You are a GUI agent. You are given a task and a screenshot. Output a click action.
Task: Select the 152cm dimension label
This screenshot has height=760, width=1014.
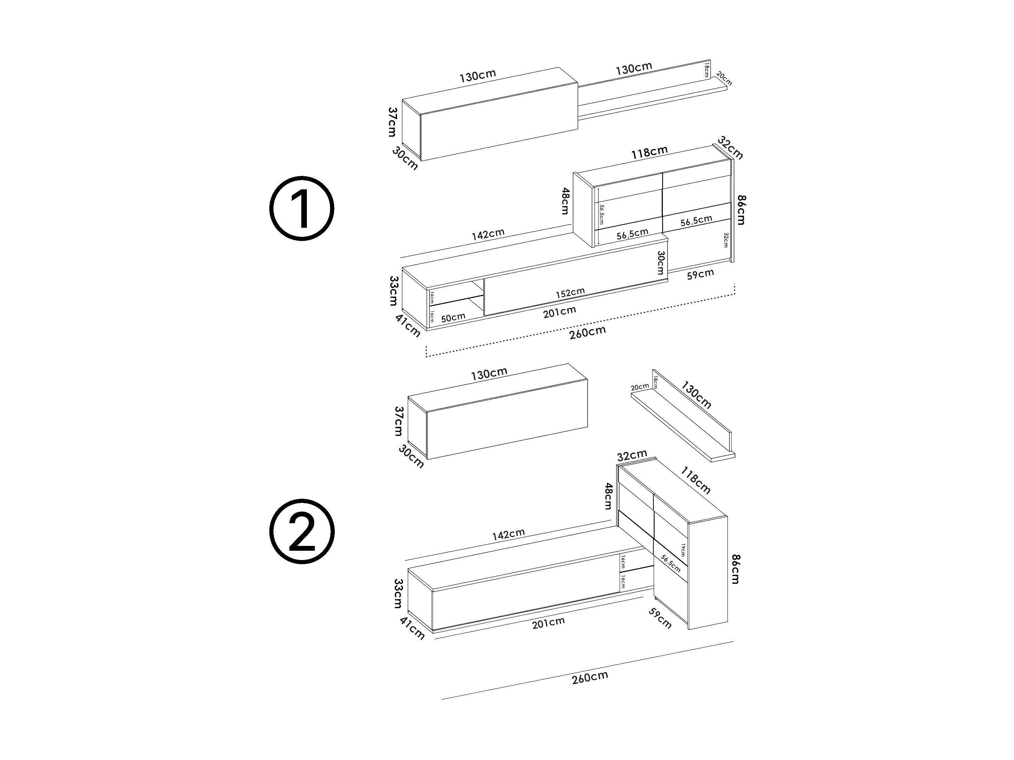(570, 292)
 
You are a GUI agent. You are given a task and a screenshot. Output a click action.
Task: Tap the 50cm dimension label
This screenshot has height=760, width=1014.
(453, 317)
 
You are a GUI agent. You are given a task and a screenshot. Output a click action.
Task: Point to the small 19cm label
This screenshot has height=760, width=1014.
(683, 550)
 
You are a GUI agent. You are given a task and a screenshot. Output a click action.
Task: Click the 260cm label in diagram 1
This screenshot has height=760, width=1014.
(588, 332)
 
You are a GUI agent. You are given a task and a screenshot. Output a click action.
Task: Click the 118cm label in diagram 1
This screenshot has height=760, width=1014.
(649, 152)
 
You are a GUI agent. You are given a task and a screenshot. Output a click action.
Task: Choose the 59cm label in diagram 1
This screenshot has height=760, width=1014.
(701, 274)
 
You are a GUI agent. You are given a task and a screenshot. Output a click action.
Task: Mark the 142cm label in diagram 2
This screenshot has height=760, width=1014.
(508, 534)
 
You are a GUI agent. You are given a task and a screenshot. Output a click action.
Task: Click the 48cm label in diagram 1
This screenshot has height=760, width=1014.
(565, 201)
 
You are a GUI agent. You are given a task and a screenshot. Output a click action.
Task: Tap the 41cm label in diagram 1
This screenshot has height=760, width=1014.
(407, 325)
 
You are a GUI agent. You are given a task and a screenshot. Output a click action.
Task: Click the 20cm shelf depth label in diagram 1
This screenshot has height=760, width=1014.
(724, 78)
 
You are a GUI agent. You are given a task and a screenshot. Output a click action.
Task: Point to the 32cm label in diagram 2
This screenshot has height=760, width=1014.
(632, 456)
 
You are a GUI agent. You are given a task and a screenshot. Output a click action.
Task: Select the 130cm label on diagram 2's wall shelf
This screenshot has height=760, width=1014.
(696, 395)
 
